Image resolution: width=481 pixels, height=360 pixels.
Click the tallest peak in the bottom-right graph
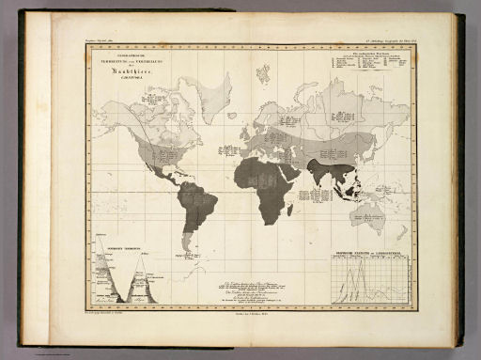coord(354,263)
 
